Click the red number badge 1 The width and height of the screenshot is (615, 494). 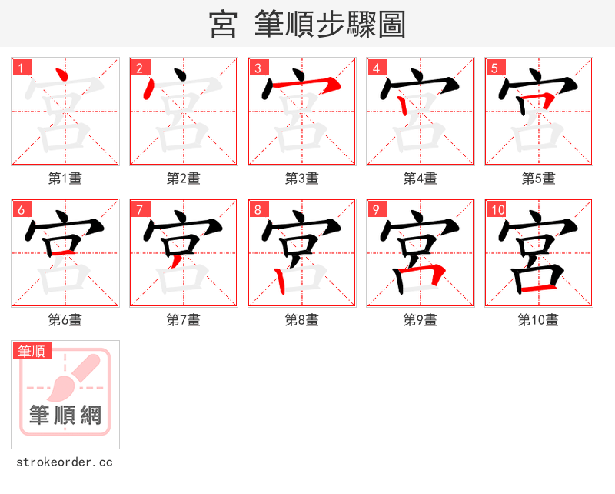tap(21, 68)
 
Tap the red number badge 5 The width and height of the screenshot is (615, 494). tap(494, 68)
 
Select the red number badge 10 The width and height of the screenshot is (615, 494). tap(497, 209)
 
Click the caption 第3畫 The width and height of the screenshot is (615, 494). tap(301, 179)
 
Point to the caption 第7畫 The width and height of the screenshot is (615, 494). tap(183, 320)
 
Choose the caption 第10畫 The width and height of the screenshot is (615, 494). tap(538, 320)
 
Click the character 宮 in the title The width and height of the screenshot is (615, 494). tap(223, 25)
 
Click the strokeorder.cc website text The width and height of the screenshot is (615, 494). tap(65, 462)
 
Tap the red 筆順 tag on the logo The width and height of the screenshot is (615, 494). tap(32, 351)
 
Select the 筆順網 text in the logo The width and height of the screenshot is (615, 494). tap(65, 416)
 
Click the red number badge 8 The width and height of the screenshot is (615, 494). tap(258, 209)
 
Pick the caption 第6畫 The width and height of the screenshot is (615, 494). tap(65, 320)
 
